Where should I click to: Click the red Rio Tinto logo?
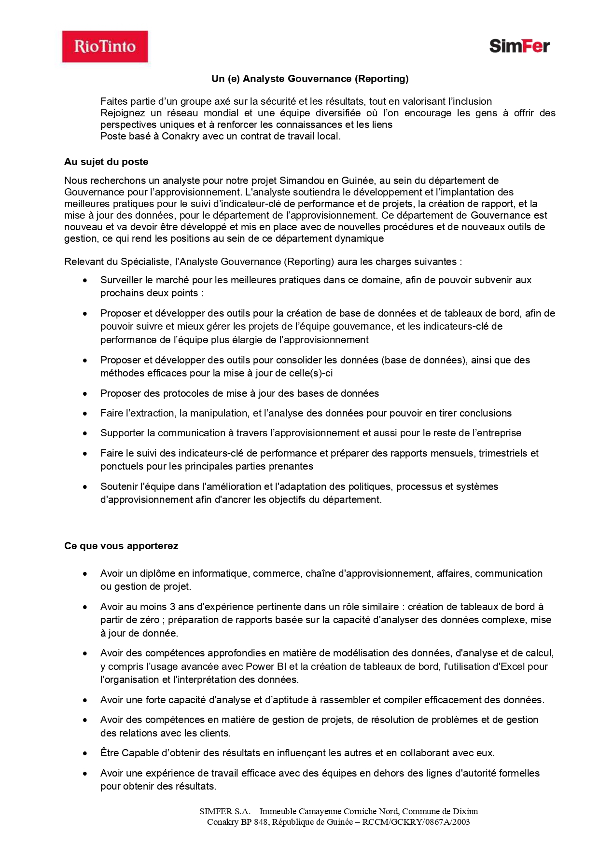coord(105,46)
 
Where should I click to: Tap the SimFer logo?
coord(519,46)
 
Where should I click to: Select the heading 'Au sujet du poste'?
coord(106,162)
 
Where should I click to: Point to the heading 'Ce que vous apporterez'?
coord(121,546)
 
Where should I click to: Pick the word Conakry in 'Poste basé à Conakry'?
coord(181,136)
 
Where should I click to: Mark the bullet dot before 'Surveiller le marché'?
coord(85,280)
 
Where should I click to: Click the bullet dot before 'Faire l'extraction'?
coord(85,414)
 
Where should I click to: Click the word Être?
coord(110,753)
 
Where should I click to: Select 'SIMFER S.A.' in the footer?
coord(224,811)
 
